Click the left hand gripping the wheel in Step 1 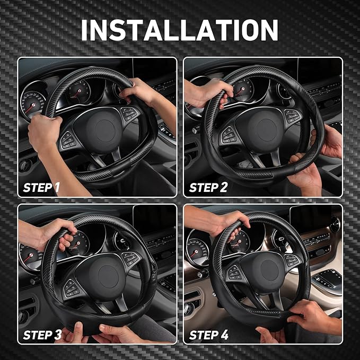pyautogui.click(x=45, y=133)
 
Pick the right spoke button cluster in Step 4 pyautogui.click(x=292, y=260)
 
